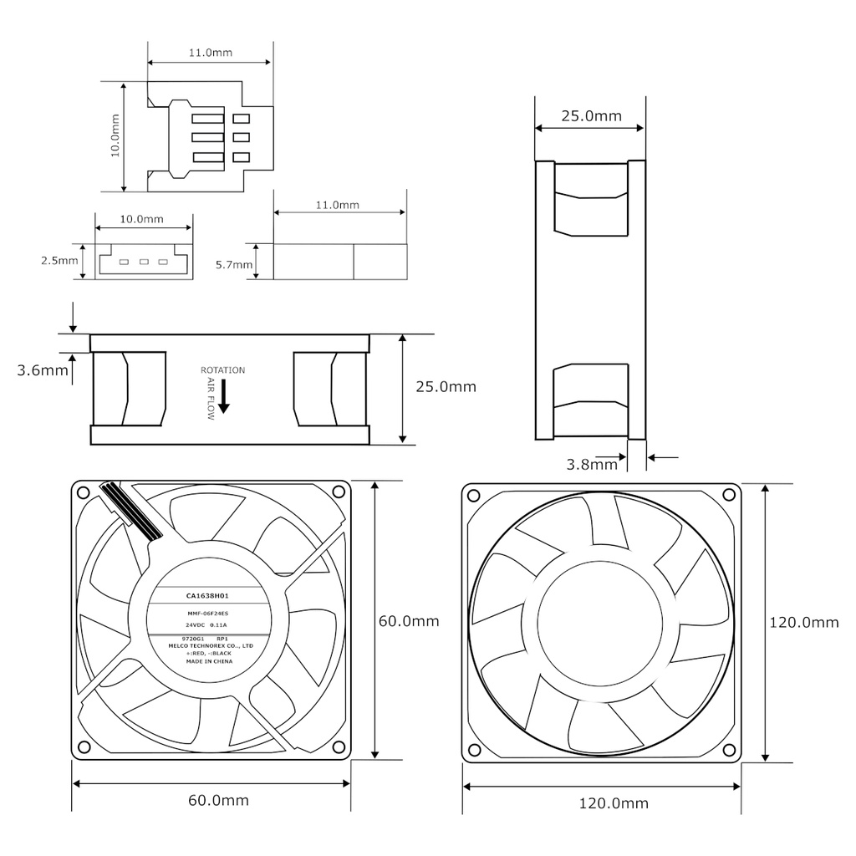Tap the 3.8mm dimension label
point(592,464)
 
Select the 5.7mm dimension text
point(233,265)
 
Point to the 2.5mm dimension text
point(59,261)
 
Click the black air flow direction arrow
point(223,404)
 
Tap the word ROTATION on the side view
point(222,370)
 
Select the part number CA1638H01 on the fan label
point(207,596)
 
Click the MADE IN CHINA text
point(209,661)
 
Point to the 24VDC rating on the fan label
point(196,624)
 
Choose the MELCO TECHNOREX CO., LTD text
point(209,646)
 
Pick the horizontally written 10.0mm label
point(141,219)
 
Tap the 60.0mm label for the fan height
point(409,621)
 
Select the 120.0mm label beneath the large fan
point(614,804)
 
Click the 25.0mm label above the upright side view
point(591,116)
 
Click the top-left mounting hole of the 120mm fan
point(473,495)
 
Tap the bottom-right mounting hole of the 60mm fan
point(338,746)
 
